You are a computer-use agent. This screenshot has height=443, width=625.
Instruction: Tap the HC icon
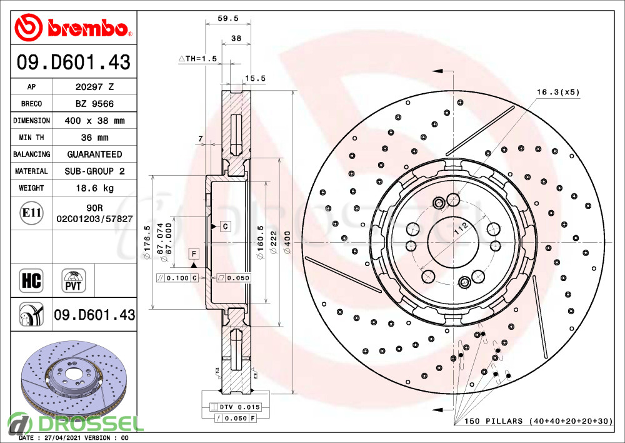pos(31,280)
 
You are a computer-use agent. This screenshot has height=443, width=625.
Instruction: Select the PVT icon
pos(74,280)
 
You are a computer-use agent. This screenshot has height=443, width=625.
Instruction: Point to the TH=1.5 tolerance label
pos(197,58)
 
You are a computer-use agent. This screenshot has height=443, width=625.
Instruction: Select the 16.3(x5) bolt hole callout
pos(558,92)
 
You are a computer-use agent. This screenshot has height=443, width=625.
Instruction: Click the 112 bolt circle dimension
pos(461,231)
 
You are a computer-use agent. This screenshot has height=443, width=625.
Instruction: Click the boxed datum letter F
pos(194,253)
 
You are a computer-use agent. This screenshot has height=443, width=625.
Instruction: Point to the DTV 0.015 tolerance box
pos(236,407)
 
